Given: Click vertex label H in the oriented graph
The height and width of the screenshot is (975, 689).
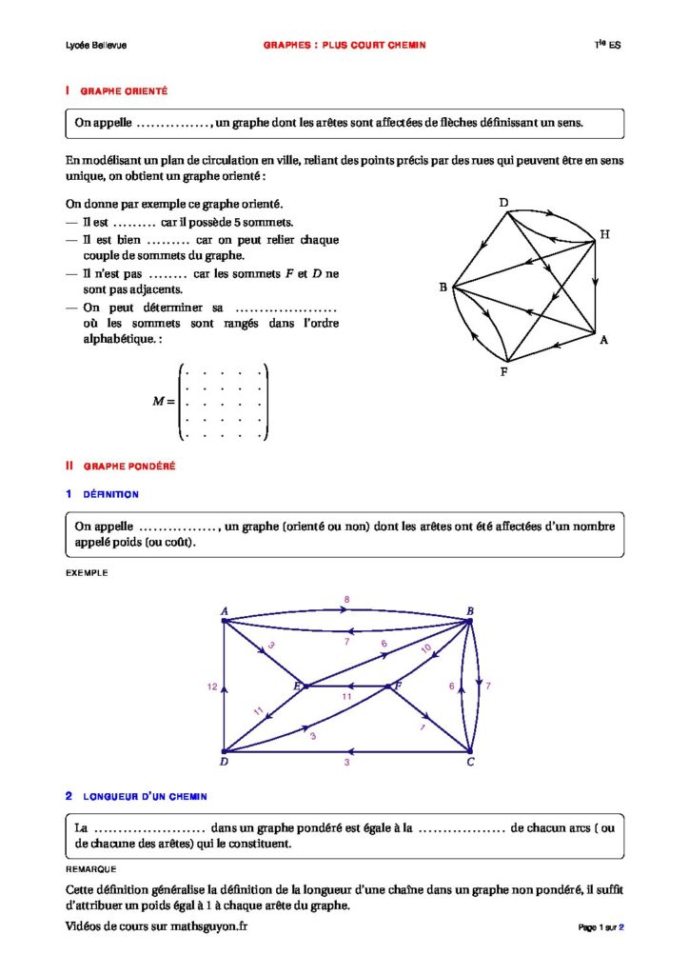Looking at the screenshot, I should pyautogui.click(x=604, y=234).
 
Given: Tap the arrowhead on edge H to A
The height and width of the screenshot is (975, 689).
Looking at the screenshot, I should pyautogui.click(x=596, y=283).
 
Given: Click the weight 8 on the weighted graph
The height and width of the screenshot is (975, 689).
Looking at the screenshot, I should pyautogui.click(x=346, y=599).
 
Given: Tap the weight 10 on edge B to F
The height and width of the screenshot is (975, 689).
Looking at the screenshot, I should pyautogui.click(x=425, y=648).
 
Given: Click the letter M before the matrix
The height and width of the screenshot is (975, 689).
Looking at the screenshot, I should pyautogui.click(x=159, y=401).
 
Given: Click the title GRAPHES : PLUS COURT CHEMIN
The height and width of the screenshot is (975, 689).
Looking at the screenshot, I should pyautogui.click(x=344, y=45).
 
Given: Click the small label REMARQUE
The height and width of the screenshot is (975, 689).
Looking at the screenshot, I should pyautogui.click(x=90, y=869).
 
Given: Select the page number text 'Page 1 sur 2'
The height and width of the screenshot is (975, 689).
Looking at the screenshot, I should pyautogui.click(x=600, y=927).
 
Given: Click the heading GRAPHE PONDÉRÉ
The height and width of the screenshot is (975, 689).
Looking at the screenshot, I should pyautogui.click(x=128, y=467).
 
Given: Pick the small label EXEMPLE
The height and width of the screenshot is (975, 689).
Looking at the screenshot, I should pyautogui.click(x=87, y=573).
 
